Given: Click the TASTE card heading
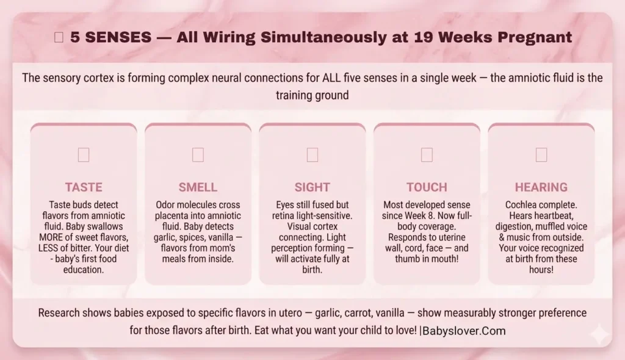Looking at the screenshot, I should click(x=84, y=187).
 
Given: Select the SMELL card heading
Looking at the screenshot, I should click(x=198, y=187).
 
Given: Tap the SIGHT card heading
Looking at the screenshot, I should click(x=312, y=187).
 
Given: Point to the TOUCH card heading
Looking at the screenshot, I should click(x=427, y=187).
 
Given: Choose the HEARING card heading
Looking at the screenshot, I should click(x=541, y=187).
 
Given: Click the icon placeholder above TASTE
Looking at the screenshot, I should click(x=84, y=155).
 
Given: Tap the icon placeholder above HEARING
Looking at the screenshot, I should click(x=541, y=155).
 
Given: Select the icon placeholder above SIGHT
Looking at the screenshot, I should click(x=312, y=155).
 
